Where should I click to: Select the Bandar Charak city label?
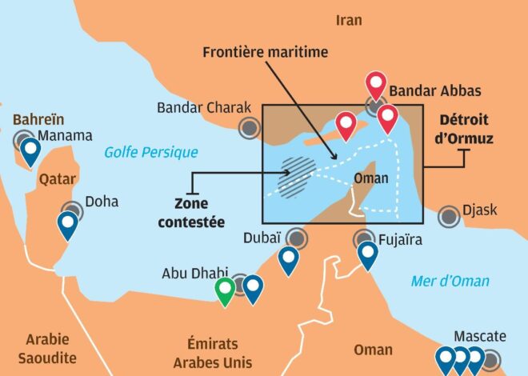204,107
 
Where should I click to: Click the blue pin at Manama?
30,150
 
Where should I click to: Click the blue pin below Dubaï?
288,258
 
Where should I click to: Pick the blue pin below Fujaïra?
367,253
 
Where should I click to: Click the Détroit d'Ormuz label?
466,130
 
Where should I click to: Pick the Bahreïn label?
38,119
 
